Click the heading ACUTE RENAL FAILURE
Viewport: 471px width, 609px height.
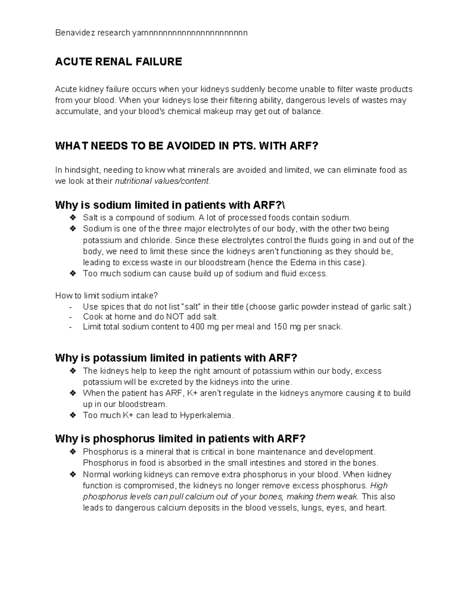coord(119,62)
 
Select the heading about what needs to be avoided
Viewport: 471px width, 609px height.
coord(186,146)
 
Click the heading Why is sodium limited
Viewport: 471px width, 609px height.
coord(173,205)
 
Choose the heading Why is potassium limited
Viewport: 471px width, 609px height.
coord(176,358)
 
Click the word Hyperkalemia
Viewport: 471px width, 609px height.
coord(206,415)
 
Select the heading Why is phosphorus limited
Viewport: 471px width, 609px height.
coord(180,438)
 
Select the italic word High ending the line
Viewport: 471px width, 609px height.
coord(379,485)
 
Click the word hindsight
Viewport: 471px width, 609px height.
coord(83,170)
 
